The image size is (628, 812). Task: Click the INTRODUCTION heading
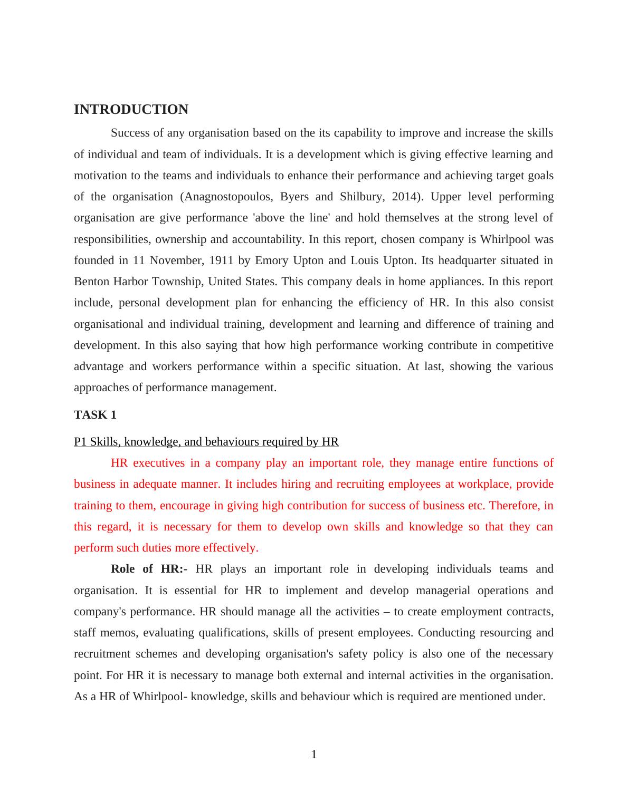click(131, 110)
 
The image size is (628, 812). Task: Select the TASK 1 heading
click(95, 415)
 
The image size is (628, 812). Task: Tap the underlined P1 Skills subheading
click(206, 442)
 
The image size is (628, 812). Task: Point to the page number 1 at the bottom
click(314, 755)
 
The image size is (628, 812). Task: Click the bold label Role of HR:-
click(149, 569)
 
